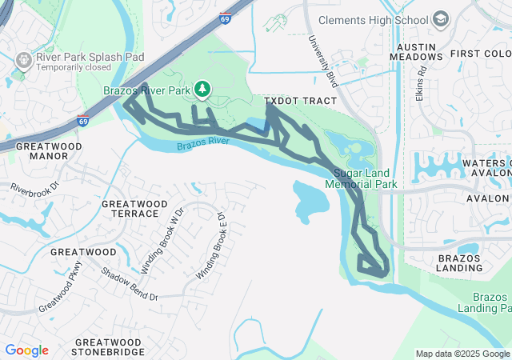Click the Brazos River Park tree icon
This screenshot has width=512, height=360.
click(x=203, y=88)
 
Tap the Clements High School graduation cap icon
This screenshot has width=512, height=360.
click(x=440, y=18)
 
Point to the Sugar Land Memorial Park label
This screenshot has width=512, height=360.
click(x=362, y=178)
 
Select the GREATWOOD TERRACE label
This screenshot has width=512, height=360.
click(x=130, y=209)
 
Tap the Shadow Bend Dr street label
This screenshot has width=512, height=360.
click(x=129, y=284)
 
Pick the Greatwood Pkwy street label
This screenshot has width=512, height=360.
click(x=61, y=285)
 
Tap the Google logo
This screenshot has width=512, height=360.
click(x=26, y=350)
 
